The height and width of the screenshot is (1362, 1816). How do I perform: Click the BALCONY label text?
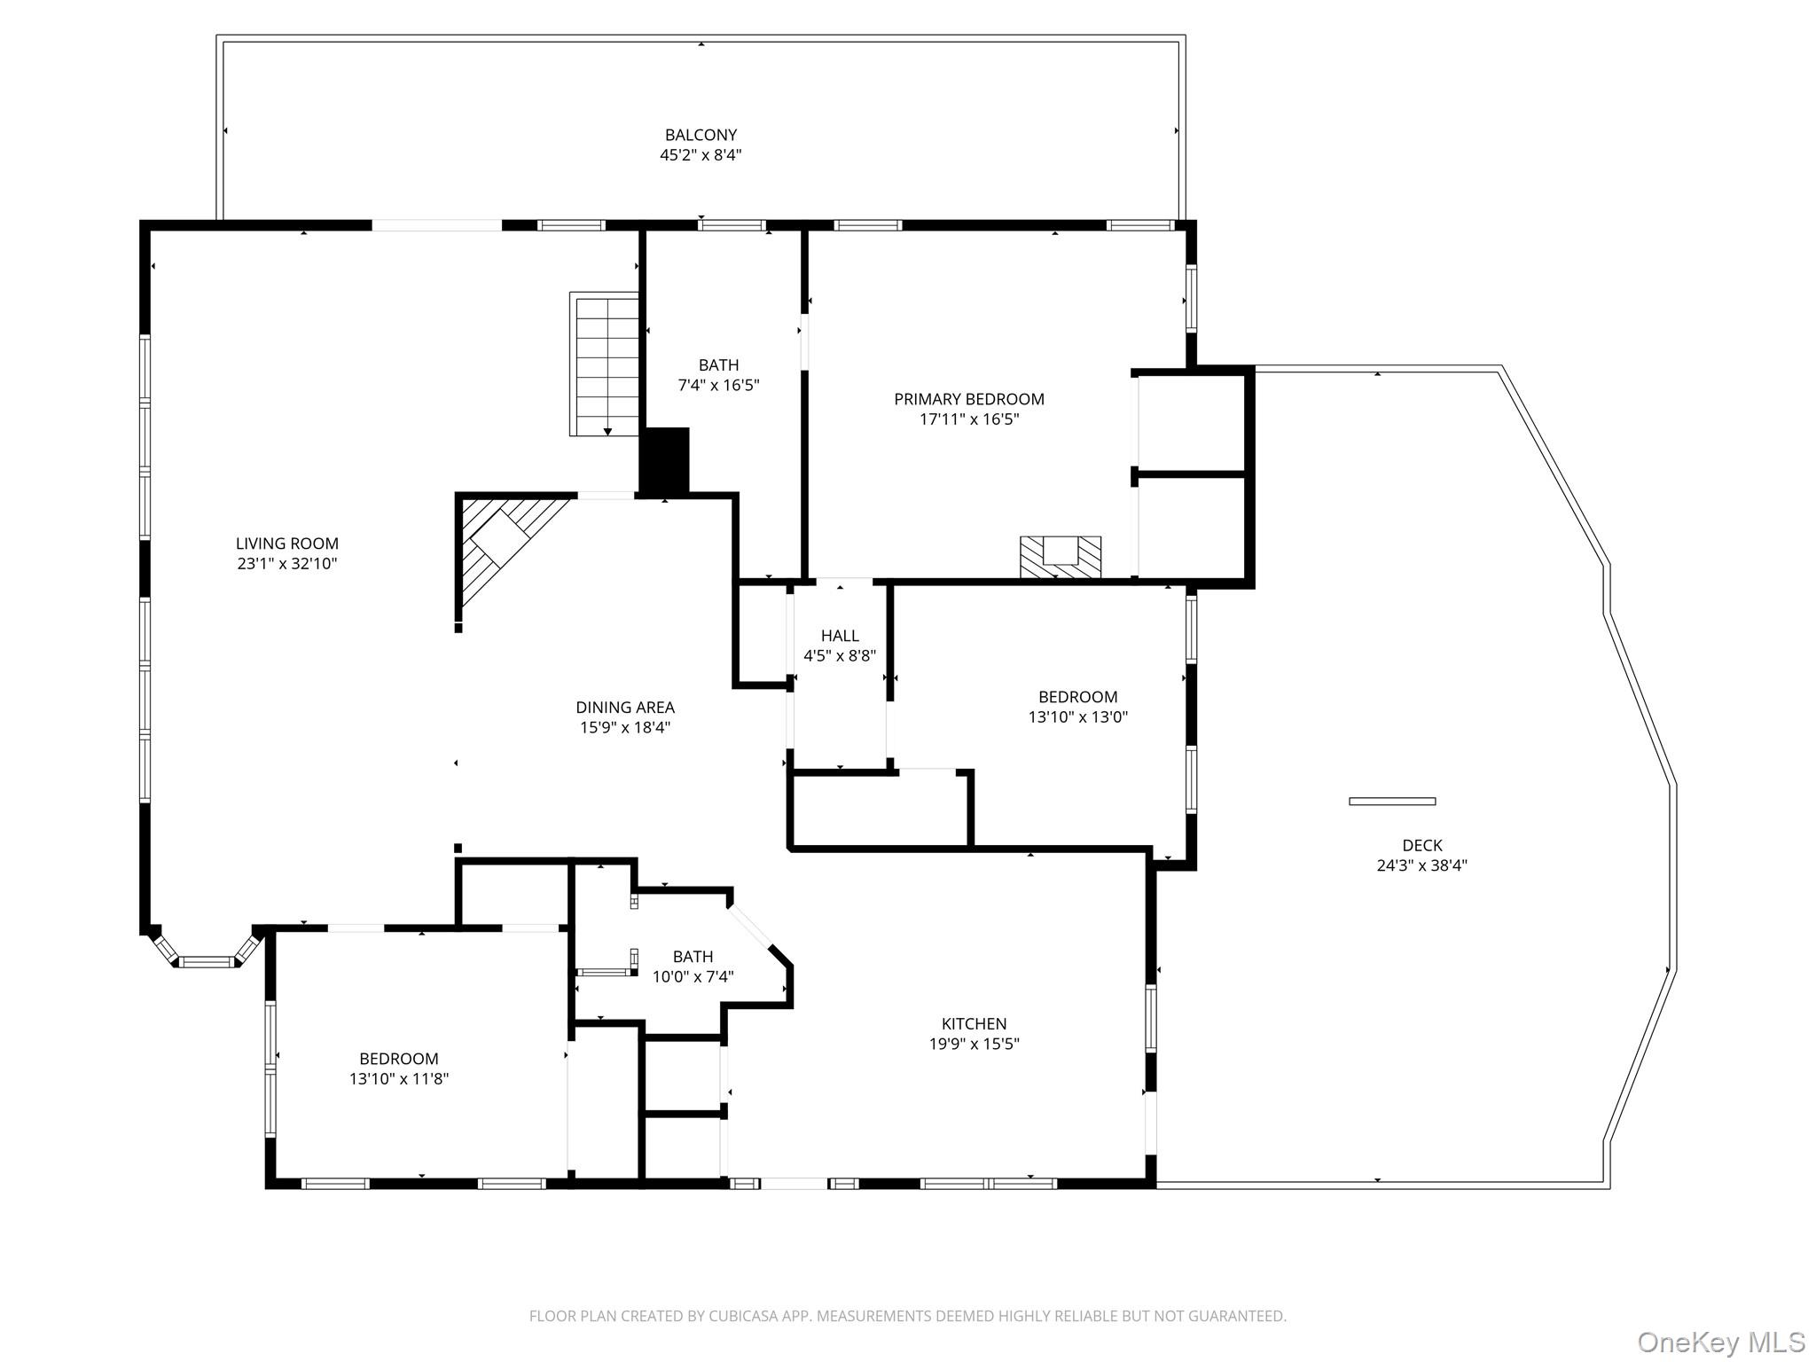(701, 135)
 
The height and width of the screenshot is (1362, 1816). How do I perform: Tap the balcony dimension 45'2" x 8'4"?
(701, 155)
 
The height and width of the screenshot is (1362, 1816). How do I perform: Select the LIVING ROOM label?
(286, 544)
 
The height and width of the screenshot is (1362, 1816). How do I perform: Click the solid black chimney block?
(665, 460)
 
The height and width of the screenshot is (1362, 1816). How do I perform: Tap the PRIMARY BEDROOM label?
(968, 399)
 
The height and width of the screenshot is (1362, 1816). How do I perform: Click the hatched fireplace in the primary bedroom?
(1061, 557)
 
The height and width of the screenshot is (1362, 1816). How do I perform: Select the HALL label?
(839, 636)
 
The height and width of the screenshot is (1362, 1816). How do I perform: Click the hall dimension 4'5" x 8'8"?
(839, 656)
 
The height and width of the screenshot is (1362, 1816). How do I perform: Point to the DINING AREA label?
(625, 708)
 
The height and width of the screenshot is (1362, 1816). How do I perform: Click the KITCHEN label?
(974, 1023)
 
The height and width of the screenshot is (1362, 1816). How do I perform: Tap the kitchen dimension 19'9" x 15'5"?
(974, 1044)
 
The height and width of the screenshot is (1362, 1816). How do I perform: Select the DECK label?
(1421, 845)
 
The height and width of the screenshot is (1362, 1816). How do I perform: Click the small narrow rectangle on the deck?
(1391, 802)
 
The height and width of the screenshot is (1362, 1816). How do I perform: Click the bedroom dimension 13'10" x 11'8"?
(399, 1079)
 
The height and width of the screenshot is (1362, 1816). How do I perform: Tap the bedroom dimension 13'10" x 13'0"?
(1077, 717)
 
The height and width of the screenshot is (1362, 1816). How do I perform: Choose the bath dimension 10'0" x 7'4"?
(693, 977)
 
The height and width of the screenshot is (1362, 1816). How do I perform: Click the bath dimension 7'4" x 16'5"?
(718, 386)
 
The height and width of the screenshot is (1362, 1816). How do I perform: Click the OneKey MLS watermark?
(1720, 1342)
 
